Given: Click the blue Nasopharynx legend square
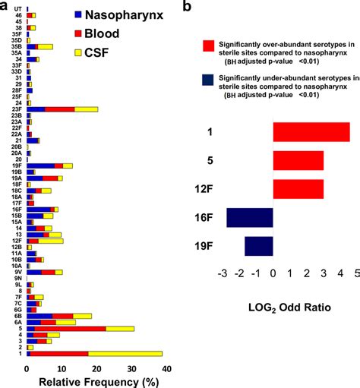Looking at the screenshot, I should coord(80,14).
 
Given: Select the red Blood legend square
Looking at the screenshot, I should coord(80,33).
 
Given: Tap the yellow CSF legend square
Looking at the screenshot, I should coord(80,52).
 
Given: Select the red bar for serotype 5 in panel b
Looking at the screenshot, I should coord(298,160).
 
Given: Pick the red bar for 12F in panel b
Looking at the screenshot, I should coord(298,189).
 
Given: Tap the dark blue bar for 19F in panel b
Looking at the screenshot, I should coord(258,246).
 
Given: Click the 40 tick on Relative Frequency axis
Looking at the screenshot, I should coord(166,368).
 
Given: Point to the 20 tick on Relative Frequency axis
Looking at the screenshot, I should coord(96,368).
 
